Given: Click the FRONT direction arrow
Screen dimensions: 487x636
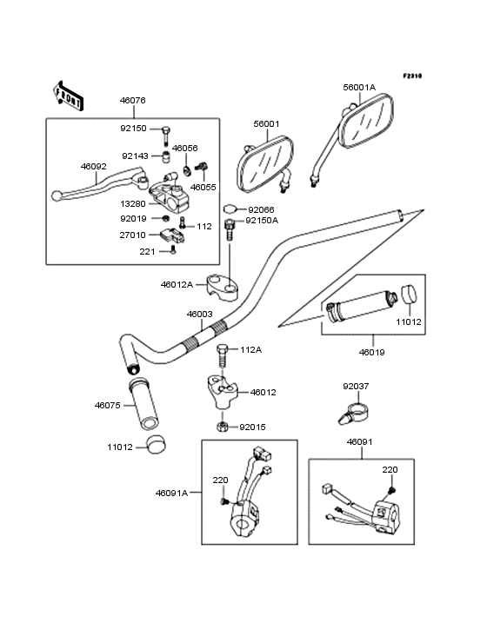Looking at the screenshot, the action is click(x=68, y=96).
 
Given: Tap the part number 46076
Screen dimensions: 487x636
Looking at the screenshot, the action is click(x=132, y=100).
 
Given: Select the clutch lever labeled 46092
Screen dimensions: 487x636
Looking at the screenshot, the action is click(x=98, y=185).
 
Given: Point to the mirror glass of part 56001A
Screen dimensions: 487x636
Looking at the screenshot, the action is click(x=365, y=122).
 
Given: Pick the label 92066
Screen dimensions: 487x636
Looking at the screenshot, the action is click(x=261, y=209).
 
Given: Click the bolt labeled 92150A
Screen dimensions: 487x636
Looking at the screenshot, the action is click(x=230, y=229).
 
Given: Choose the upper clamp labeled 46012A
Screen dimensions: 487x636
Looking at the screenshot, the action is click(x=222, y=287).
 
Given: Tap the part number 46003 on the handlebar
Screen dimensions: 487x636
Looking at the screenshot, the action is click(x=200, y=314).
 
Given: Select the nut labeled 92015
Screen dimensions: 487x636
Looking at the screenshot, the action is click(x=222, y=427).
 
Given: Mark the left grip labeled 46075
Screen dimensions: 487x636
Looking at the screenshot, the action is click(x=143, y=404).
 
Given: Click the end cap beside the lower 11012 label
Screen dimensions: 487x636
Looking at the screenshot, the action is click(x=156, y=445).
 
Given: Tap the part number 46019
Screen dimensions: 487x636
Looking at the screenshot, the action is click(x=371, y=352).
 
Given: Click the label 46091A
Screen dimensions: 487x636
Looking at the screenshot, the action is click(x=171, y=493).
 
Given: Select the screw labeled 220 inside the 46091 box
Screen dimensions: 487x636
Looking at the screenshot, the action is click(x=392, y=490).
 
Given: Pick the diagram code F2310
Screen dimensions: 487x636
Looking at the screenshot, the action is click(x=412, y=76).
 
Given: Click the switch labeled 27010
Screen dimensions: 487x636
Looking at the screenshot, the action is click(x=173, y=235).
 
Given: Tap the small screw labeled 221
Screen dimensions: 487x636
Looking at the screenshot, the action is click(x=173, y=250).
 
